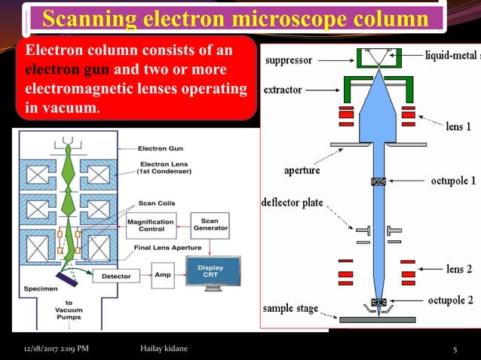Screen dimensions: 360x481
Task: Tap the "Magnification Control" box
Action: tap(151, 226)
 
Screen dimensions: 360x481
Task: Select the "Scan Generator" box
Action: tap(210, 224)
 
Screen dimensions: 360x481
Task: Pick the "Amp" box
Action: tap(162, 276)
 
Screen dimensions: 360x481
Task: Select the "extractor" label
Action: tap(283, 90)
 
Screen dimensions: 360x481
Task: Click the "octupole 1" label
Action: tap(452, 181)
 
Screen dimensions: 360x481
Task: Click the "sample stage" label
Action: tap(290, 309)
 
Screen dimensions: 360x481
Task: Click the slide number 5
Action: tap(455, 349)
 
